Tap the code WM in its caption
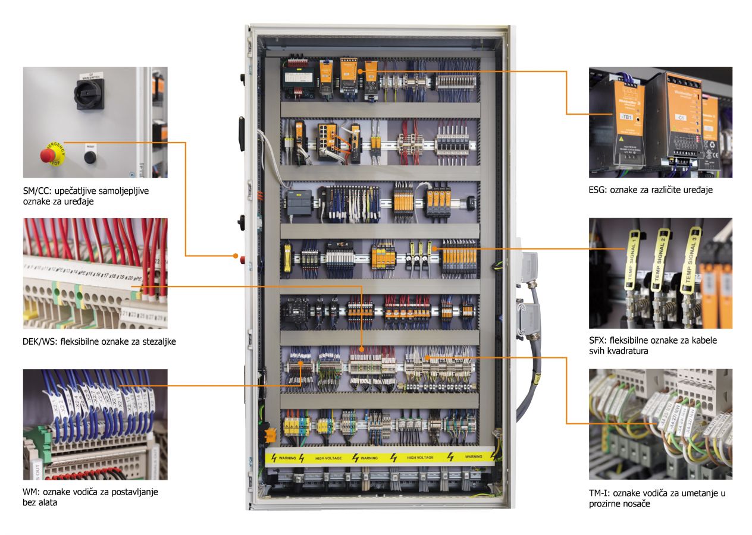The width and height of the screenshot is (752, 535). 30,493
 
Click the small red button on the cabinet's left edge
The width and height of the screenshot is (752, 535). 242,259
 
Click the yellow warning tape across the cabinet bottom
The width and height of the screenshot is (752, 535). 380,458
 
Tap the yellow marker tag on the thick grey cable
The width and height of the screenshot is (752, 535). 536,376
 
